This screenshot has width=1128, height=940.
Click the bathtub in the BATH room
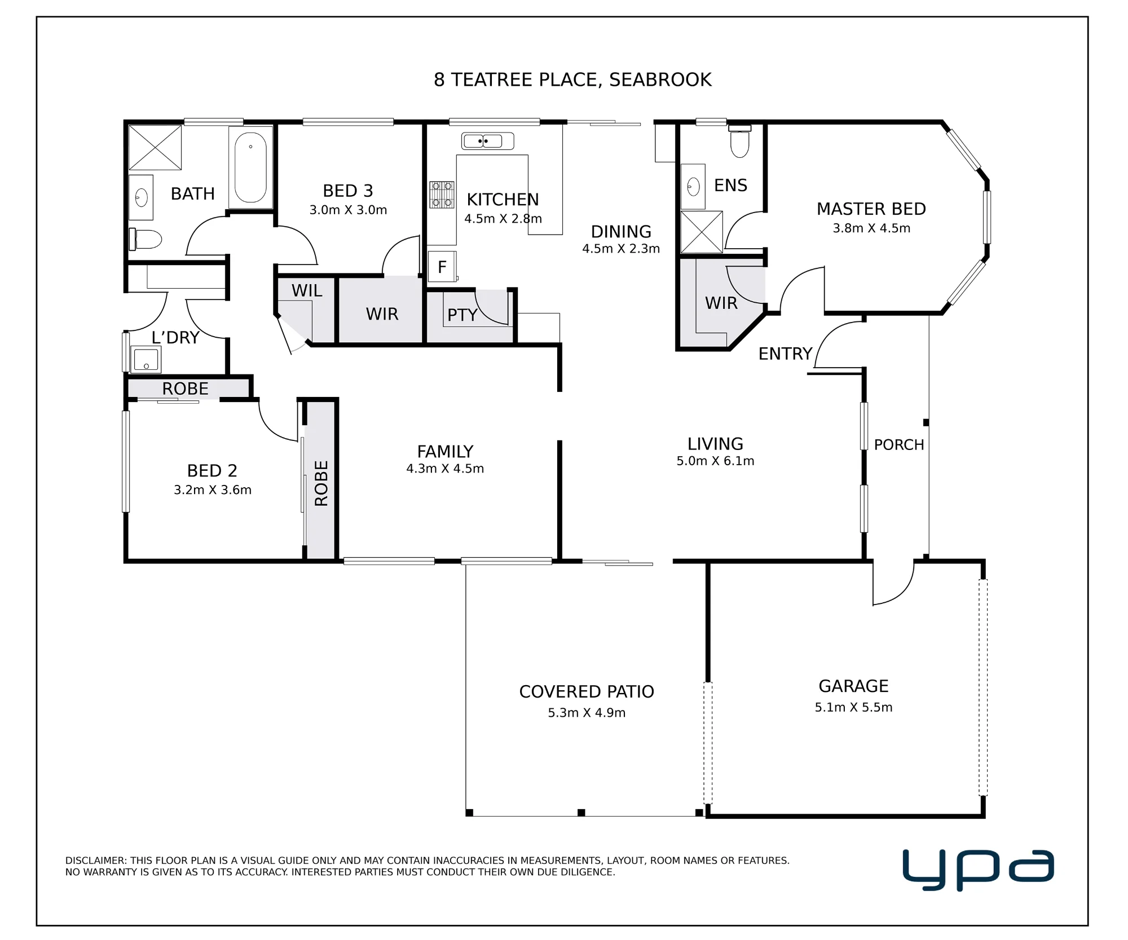pos(251,167)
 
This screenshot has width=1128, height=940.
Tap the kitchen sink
pos(487,141)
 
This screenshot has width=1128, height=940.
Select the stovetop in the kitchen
pos(442,195)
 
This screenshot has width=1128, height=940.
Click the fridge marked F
pos(442,267)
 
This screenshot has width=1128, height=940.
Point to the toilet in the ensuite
pos(740,142)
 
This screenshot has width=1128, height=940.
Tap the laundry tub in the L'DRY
pos(146,359)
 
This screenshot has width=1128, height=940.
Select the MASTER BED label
pos(871,209)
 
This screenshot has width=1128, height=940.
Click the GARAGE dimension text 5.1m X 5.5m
pos(853,707)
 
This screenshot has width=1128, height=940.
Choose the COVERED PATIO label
pos(587,691)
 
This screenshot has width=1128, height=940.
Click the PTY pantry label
pos(462,315)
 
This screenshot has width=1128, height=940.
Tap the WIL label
pos(307,291)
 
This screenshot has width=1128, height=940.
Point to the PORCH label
pos(899,445)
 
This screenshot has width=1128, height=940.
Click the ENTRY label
pos(785,354)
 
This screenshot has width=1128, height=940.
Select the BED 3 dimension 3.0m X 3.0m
pos(348,210)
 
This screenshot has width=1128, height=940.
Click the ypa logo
pos(978,869)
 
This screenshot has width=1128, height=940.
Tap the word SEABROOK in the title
pos(660,80)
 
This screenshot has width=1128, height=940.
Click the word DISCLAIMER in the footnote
pos(95,860)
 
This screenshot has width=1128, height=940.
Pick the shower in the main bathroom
pos(155,148)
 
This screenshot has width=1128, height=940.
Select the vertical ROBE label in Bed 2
pos(321,483)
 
